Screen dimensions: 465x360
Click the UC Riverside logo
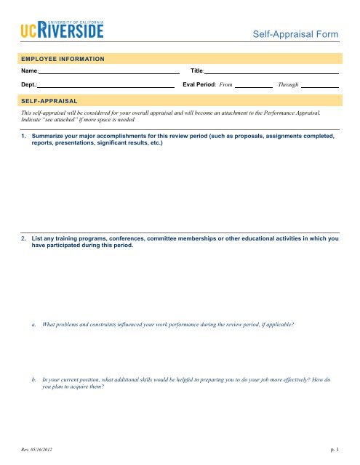[62, 30]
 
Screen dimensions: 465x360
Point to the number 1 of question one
[24, 136]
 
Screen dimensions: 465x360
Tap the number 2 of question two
[24, 238]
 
